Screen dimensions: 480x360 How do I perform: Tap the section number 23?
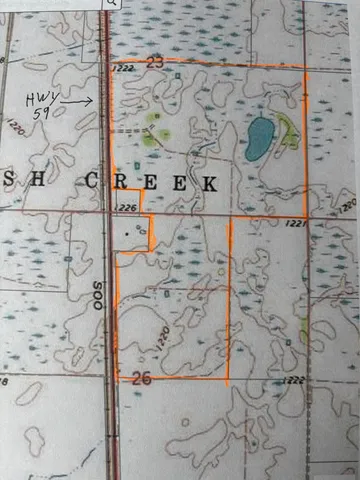154,62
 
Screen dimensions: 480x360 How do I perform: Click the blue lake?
259,138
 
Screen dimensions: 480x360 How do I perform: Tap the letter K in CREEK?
209,183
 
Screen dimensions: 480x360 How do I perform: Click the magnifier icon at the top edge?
111,4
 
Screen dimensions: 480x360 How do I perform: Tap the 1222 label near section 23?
123,68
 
